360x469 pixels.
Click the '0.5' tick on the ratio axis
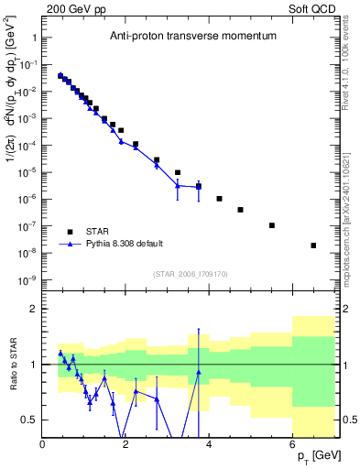(x=29, y=420)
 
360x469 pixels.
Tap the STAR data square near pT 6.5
(x=313, y=245)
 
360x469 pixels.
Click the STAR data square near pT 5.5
(x=272, y=225)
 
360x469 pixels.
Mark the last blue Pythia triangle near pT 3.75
(x=199, y=187)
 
